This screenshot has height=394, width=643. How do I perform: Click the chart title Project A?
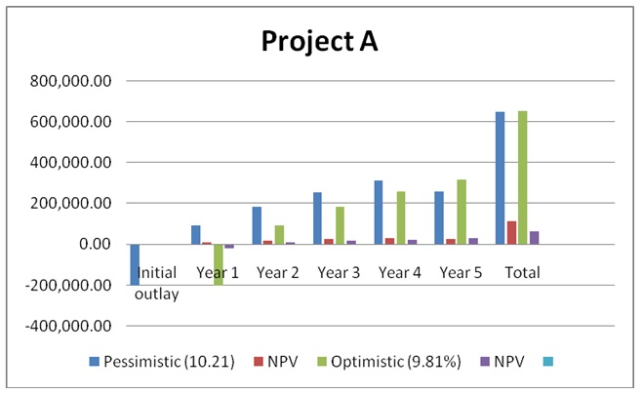(x=318, y=42)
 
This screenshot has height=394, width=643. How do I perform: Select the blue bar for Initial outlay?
(x=135, y=264)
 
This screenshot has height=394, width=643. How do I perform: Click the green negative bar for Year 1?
(x=220, y=264)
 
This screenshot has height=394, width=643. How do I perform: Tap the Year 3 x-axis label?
(x=339, y=273)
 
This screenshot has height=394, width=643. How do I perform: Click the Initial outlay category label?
(x=156, y=282)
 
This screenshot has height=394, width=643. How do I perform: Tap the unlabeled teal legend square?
(x=546, y=362)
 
